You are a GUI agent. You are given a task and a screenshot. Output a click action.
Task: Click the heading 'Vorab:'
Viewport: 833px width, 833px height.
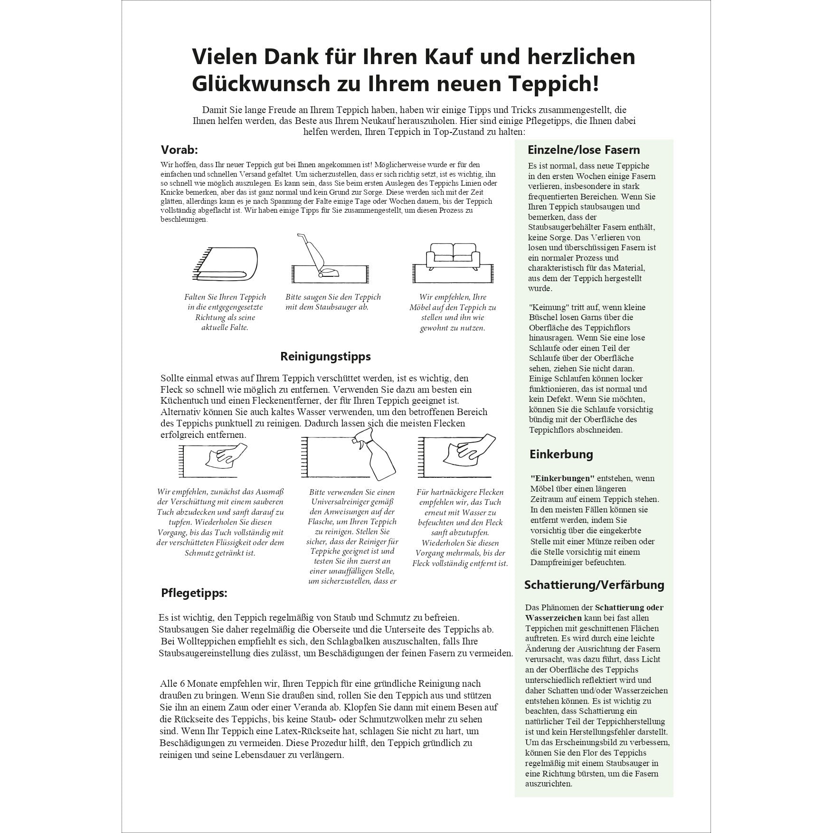[179, 150]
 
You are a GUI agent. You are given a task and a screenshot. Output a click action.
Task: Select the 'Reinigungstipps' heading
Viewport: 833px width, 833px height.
[325, 356]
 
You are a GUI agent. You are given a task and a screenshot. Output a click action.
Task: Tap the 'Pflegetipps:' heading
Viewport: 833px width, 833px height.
[194, 593]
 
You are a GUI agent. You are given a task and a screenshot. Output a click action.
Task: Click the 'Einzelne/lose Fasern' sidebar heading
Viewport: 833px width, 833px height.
[584, 150]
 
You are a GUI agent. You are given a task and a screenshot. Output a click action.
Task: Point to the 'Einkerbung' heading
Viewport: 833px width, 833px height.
[561, 454]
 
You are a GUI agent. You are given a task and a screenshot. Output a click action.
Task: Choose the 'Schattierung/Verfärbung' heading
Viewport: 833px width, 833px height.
[594, 585]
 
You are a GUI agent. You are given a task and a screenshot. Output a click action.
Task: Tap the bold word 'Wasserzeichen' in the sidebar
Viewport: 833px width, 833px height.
[553, 618]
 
